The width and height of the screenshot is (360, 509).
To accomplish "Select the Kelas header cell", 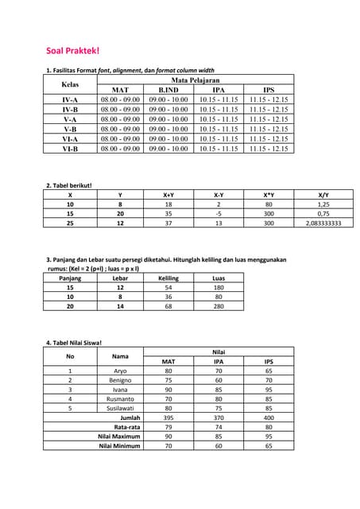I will (70, 84).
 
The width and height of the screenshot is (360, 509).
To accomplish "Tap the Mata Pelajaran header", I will (195, 80).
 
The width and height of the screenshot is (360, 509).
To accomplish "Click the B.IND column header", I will (168, 90).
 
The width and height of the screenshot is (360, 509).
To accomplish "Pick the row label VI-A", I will (70, 138).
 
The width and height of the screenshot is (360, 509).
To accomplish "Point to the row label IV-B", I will (70, 109).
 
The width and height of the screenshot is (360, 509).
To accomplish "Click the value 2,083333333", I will (323, 223).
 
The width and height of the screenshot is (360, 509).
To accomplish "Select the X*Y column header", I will (269, 195).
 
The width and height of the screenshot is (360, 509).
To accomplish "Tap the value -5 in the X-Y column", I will (218, 214).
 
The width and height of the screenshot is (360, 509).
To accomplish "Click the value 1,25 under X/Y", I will (323, 204).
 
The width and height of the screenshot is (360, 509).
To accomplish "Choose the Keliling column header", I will (168, 278).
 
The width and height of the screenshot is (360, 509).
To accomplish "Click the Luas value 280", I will (219, 306).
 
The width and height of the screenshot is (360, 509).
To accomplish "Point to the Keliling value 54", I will (168, 287).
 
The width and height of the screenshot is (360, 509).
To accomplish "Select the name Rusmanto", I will (120, 398).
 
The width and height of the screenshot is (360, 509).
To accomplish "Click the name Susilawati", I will (120, 408).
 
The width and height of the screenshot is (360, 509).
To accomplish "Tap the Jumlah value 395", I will (168, 418).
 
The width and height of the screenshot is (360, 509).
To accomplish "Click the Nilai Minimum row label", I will (119, 446).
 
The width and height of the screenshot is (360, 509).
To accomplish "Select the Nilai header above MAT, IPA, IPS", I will (219, 352).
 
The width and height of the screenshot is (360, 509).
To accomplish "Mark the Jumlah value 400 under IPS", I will (269, 418).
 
